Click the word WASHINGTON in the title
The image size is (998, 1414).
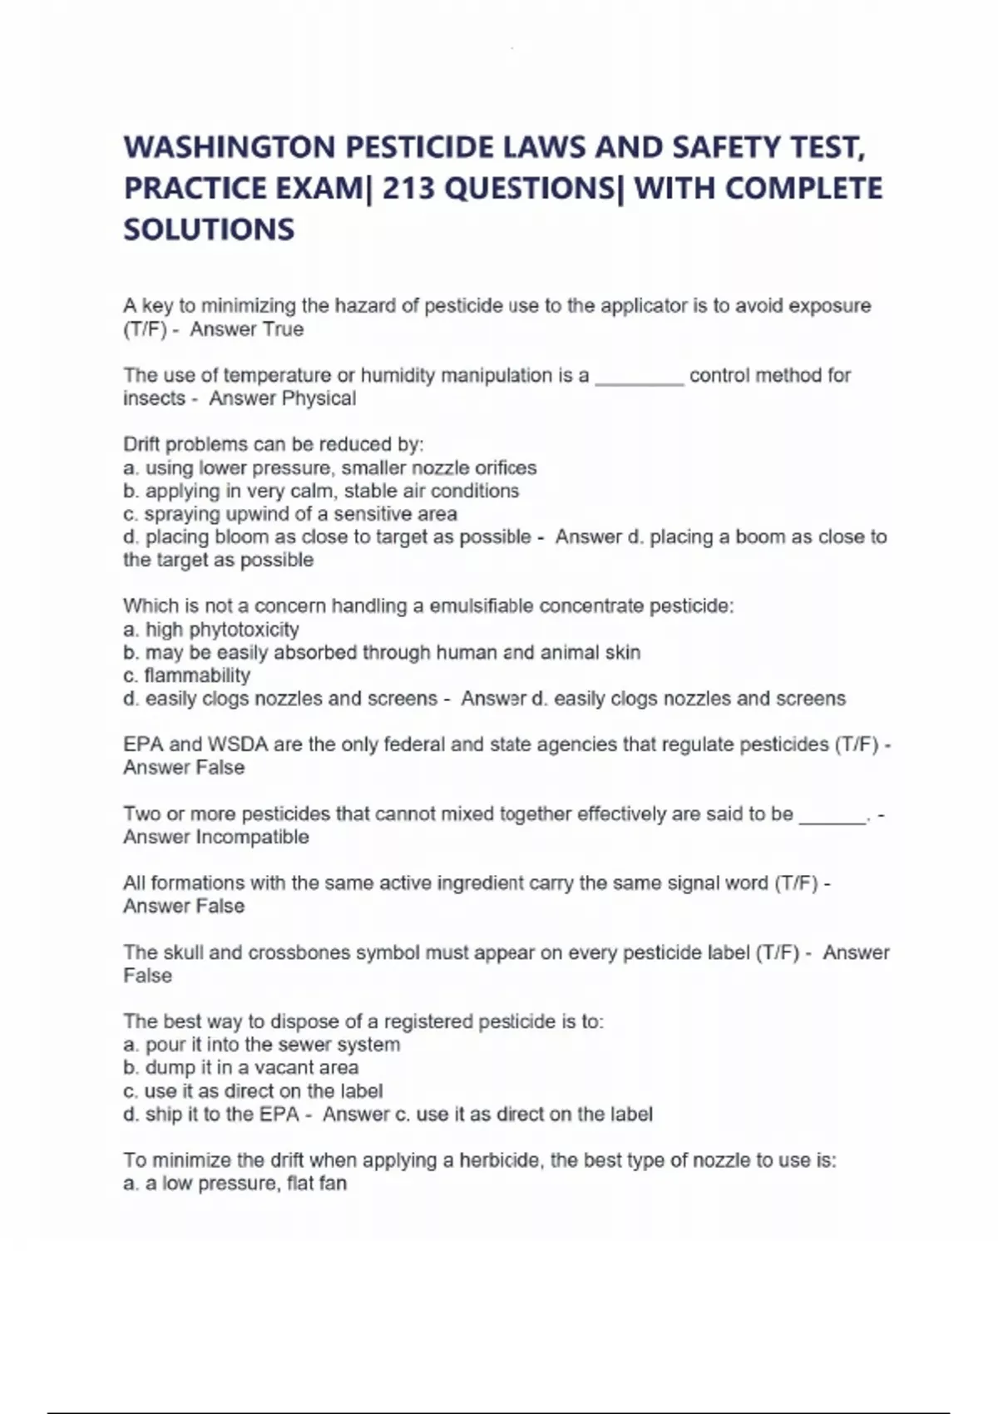pos(229,148)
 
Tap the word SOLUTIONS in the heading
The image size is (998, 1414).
pos(209,230)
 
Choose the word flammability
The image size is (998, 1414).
pos(196,675)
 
